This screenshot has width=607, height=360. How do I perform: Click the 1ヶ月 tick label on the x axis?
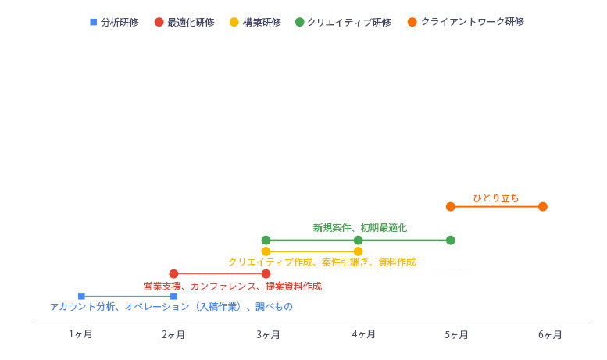tap(80, 334)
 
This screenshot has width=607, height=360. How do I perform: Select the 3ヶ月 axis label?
tap(268, 334)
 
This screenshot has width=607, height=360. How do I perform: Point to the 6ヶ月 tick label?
tap(550, 334)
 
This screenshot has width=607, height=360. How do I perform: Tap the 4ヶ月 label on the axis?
tap(363, 334)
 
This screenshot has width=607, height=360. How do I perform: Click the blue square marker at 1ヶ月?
tap(81, 296)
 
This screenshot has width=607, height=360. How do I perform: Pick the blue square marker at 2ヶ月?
tap(173, 296)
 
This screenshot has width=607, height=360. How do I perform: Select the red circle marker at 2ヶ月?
tap(173, 273)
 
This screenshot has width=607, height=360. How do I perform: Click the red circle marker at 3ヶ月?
tap(266, 273)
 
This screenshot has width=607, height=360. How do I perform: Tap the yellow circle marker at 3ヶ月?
tap(266, 251)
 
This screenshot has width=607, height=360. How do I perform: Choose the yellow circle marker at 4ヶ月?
tap(359, 251)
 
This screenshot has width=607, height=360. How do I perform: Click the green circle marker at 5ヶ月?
tap(450, 240)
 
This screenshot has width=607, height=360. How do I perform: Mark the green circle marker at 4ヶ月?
tap(359, 240)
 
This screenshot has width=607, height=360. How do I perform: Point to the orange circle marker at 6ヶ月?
tap(543, 207)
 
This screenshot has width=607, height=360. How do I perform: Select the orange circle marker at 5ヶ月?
tap(450, 207)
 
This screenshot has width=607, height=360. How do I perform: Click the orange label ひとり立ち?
tap(496, 198)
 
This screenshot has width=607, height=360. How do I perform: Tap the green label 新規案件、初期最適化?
tap(360, 227)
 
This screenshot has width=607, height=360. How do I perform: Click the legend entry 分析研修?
tap(114, 22)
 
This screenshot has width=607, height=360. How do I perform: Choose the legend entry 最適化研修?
tap(184, 22)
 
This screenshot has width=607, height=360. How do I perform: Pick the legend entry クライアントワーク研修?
tap(466, 22)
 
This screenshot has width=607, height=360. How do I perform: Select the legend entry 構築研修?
tap(255, 22)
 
